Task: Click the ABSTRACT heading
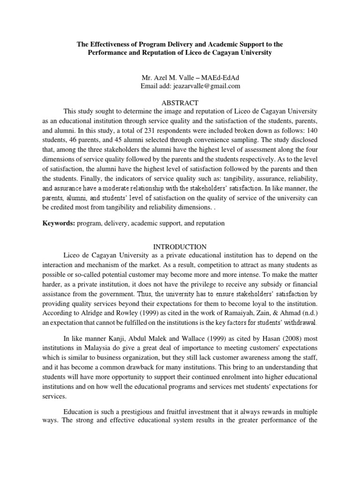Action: tap(180, 103)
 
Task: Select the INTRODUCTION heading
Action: tap(180, 246)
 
